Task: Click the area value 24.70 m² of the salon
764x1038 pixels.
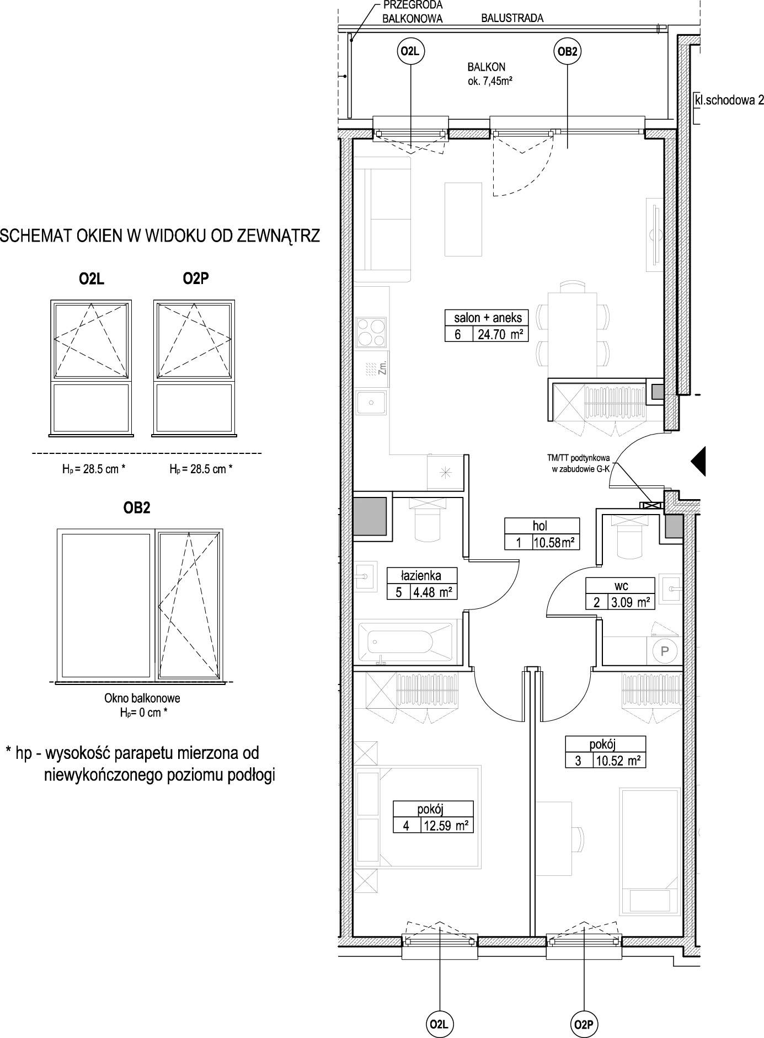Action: click(x=500, y=334)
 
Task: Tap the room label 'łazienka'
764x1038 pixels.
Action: click(x=421, y=575)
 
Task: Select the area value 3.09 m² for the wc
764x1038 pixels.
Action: click(x=628, y=602)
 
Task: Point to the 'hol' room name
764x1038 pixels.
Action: click(x=540, y=526)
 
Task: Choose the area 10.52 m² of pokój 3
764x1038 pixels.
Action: click(x=618, y=761)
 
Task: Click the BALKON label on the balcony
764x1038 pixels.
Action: click(x=486, y=67)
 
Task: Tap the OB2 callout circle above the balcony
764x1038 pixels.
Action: click(x=567, y=52)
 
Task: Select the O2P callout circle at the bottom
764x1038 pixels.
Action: click(x=583, y=1024)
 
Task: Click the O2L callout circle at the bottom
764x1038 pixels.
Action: click(x=439, y=1024)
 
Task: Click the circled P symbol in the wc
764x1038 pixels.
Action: click(x=665, y=651)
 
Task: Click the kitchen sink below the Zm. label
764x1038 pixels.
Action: click(x=371, y=403)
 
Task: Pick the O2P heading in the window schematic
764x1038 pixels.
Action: click(x=196, y=280)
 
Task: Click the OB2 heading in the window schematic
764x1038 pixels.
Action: click(x=137, y=508)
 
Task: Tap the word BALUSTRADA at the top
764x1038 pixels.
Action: click(x=512, y=18)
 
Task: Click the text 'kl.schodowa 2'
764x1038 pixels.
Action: click(x=729, y=100)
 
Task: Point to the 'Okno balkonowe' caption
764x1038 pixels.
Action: click(x=142, y=698)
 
